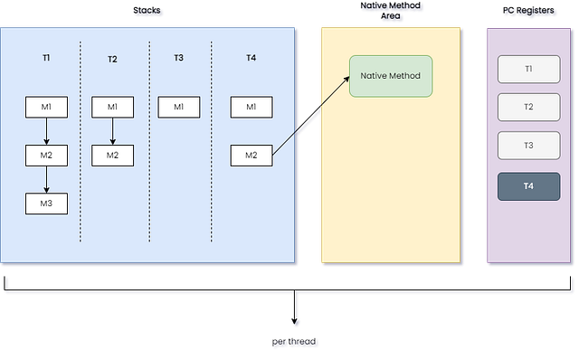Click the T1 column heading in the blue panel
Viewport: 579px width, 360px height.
click(46, 58)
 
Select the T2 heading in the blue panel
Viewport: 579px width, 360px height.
click(112, 59)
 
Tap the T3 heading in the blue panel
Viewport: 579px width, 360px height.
click(178, 58)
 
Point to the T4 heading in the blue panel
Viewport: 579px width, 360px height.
click(251, 58)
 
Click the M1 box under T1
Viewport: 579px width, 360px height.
click(46, 108)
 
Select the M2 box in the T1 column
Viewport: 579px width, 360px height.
click(46, 156)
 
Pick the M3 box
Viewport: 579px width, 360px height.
click(46, 204)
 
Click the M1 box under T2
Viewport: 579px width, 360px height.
click(112, 108)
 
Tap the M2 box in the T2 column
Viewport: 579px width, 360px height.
click(112, 156)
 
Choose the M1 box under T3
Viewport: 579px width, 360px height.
click(178, 108)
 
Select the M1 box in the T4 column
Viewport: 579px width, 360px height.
click(251, 108)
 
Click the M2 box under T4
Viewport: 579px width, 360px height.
click(251, 156)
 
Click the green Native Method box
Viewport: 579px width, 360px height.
click(391, 77)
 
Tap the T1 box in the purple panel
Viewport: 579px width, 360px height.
click(528, 69)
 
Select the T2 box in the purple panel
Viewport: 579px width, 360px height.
click(528, 107)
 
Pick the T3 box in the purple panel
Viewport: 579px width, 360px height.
click(528, 146)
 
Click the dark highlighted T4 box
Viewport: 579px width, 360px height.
click(528, 186)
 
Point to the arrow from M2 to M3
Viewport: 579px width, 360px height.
click(46, 179)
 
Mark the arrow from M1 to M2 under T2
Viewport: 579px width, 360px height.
click(112, 131)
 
